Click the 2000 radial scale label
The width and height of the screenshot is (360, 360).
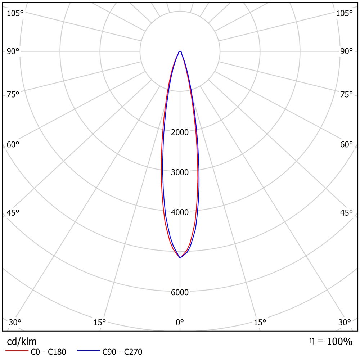tap(180, 132)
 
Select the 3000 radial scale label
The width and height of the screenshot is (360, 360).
tap(180, 172)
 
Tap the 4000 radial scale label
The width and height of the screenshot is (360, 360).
tap(180, 212)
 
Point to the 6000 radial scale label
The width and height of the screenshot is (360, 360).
tap(180, 292)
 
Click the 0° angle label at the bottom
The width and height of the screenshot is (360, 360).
tap(180, 323)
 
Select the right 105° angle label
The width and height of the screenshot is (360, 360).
tap(345, 14)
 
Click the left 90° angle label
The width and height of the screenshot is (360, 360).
tap(13, 51)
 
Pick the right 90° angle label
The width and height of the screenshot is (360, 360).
tap(346, 51)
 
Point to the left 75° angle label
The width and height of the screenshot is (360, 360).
tap(13, 95)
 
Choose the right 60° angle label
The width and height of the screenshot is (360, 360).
tap(346, 145)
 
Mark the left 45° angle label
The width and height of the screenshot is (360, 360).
tap(13, 213)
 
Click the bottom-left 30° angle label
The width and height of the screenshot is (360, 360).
tap(15, 323)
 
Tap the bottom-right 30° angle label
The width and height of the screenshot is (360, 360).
tap(345, 323)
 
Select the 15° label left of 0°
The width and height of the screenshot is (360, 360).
tap(100, 323)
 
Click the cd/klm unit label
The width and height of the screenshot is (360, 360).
tap(22, 342)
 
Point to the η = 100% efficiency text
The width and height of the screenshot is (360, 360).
tap(331, 341)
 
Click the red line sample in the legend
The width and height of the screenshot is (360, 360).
tap(17, 351)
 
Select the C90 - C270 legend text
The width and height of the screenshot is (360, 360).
tap(122, 352)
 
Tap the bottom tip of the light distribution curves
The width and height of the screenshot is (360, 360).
tap(180, 258)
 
